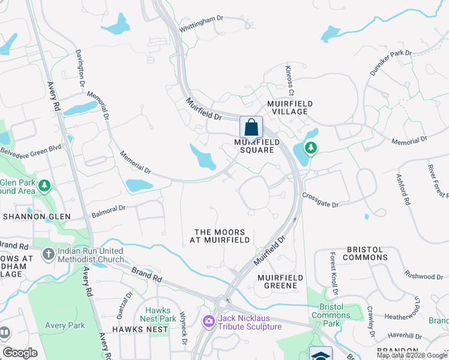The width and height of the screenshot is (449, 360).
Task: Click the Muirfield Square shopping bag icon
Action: (251, 127)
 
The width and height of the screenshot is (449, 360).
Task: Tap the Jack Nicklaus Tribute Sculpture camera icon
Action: (208, 322)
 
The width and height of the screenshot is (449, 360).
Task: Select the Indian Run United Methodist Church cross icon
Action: (49, 254)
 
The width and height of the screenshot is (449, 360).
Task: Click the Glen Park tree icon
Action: (44, 186)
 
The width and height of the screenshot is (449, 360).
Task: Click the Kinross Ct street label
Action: (289, 80)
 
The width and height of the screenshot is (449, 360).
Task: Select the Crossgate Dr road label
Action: (321, 200)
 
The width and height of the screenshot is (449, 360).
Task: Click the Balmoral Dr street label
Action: (108, 211)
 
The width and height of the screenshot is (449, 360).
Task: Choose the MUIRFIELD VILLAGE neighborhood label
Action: (290, 107)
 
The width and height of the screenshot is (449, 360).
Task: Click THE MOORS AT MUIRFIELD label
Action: (220, 236)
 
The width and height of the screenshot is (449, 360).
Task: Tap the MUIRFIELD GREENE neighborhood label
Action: (277, 281)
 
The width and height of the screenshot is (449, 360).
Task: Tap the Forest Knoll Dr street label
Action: (333, 272)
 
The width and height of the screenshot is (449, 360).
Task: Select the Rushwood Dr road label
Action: (423, 276)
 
